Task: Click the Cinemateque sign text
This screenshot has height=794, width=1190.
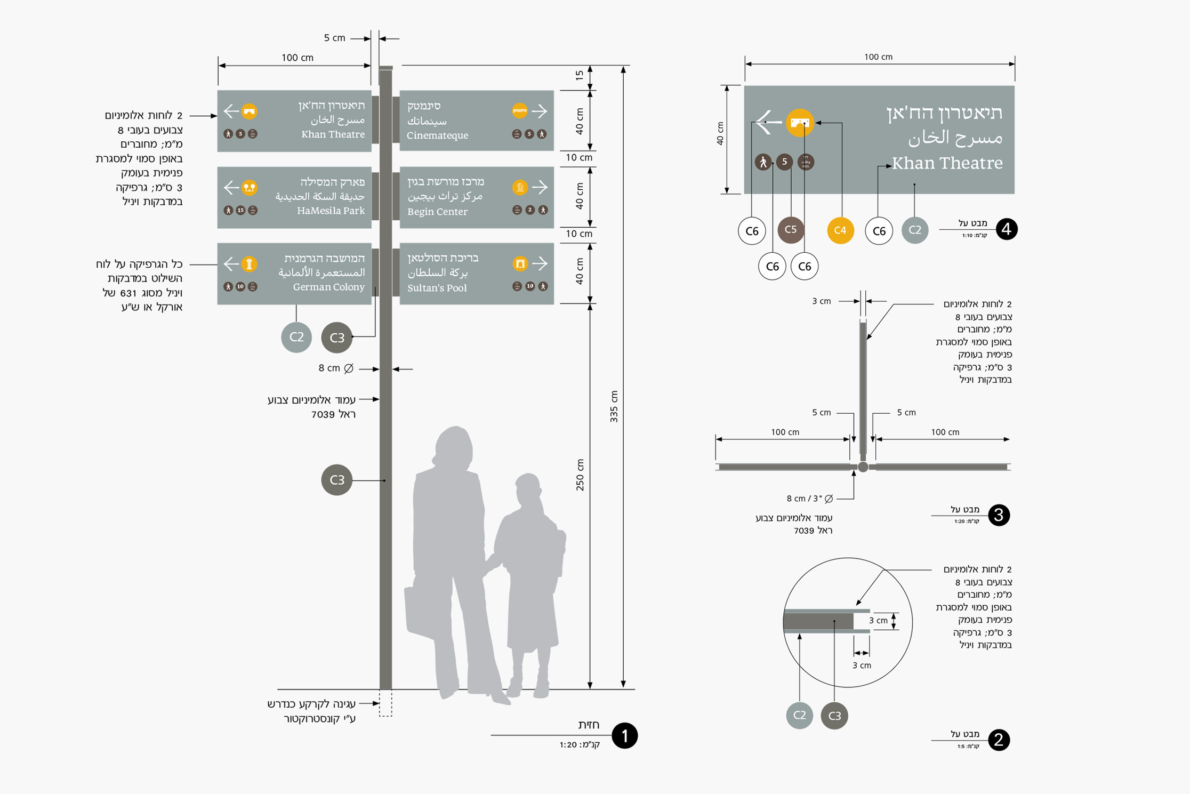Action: coord(437,135)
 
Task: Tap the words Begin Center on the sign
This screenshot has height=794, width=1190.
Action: coord(437,212)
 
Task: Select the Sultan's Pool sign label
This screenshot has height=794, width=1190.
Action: coord(437,288)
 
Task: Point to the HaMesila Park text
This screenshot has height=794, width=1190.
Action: coord(331,211)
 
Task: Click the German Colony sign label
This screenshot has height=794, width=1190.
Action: coord(328,287)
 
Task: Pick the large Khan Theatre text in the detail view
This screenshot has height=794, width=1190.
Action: coord(947,163)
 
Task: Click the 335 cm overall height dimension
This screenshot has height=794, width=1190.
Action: coord(614,406)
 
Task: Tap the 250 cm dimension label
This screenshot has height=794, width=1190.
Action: coord(580,475)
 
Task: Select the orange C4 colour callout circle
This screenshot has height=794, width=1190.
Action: coord(840,230)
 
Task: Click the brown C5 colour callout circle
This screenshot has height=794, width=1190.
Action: coord(790,230)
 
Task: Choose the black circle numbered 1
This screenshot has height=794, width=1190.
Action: coord(624,736)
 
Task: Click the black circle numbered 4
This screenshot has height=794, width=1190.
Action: coord(1006,229)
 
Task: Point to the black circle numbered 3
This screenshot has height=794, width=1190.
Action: coord(999,515)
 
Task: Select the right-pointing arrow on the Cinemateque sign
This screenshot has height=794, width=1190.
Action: coord(540,111)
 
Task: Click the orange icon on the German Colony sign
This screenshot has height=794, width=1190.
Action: coord(249,264)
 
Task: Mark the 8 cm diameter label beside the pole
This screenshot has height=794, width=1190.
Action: coord(335,368)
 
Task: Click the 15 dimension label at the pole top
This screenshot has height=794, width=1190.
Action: coord(580,76)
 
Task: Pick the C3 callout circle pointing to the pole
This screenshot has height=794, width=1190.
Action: coord(336,480)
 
